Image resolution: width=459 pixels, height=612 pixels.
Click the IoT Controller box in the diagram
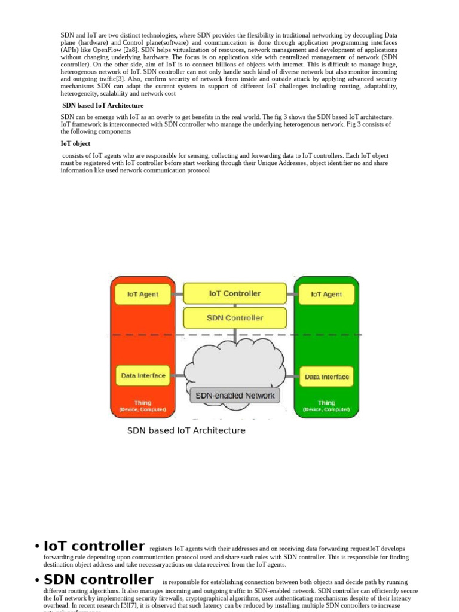[x=234, y=293]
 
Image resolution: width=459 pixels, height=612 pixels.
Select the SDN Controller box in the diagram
[x=234, y=318]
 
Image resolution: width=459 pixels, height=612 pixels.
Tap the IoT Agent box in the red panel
[x=143, y=294]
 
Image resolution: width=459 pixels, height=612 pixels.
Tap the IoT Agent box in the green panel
[x=326, y=294]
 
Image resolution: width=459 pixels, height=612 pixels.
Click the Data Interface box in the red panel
[x=143, y=376]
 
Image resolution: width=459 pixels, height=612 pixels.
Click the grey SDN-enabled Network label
[x=235, y=395]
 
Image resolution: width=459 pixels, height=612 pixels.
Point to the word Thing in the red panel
[x=143, y=403]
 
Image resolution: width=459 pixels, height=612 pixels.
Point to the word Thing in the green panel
[x=326, y=403]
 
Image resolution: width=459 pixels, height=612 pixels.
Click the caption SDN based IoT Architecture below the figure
[x=186, y=430]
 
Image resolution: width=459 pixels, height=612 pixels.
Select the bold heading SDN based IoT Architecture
[x=103, y=105]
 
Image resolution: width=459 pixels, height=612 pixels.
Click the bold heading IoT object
[x=75, y=143]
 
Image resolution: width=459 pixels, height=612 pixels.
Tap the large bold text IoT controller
[x=94, y=546]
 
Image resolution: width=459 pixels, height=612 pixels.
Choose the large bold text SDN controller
[x=99, y=579]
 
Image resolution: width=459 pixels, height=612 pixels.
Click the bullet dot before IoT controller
[x=37, y=547]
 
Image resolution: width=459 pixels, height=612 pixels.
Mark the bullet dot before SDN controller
[x=37, y=580]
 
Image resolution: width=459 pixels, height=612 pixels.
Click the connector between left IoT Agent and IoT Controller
[x=177, y=294]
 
